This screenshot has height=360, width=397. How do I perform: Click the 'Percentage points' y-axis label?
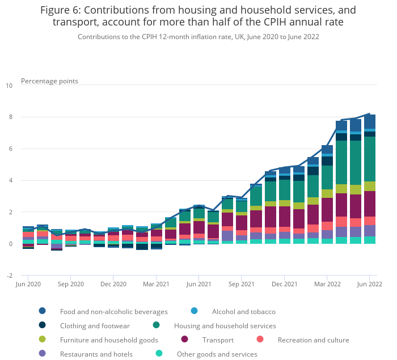[49, 81]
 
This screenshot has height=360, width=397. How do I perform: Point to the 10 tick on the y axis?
[9, 86]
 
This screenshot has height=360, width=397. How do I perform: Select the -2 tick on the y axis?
[9, 276]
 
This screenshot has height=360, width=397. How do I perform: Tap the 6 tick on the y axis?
[10, 149]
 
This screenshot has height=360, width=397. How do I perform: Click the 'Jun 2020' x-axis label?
[28, 283]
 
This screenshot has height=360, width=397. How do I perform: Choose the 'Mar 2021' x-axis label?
[156, 283]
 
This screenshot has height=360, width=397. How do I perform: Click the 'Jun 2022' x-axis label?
[369, 283]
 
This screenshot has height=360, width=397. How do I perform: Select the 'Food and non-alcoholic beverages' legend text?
[114, 312]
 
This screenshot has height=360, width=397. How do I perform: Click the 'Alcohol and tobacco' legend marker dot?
[195, 311]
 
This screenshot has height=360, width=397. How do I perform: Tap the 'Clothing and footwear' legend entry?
[95, 326]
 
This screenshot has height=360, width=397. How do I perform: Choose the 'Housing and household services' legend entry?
[225, 326]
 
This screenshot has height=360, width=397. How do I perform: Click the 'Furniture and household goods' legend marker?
[43, 340]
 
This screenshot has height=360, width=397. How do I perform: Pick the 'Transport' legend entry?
[218, 340]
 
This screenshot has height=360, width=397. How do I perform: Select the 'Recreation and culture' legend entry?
[313, 340]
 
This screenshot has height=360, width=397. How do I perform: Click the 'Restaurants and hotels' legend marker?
[43, 354]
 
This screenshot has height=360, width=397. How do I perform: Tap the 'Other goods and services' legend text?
[217, 354]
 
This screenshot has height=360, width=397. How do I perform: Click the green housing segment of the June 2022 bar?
[370, 159]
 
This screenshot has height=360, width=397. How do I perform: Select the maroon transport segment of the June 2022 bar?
[370, 204]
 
